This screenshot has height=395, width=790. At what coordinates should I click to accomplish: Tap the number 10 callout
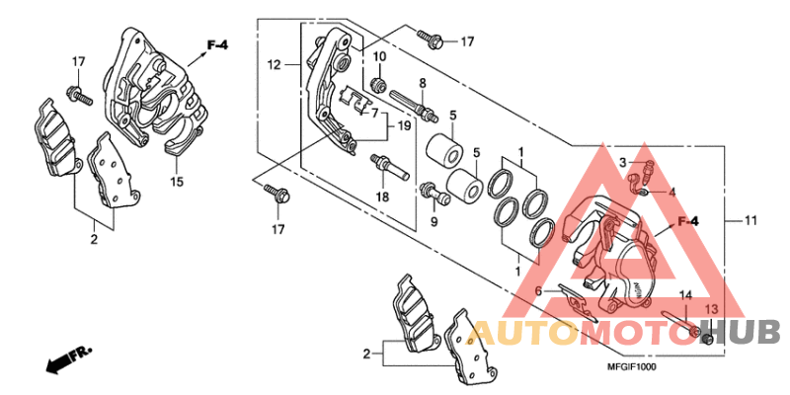point(379,58)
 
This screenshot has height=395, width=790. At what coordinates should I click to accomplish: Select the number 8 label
point(422,83)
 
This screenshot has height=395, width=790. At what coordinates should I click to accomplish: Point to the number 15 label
point(178,182)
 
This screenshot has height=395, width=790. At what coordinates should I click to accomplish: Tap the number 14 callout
point(683,295)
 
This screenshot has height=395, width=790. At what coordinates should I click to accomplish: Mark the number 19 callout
point(404,125)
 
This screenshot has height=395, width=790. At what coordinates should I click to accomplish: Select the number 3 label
point(623,162)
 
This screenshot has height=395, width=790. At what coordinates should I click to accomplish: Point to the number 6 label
point(538,291)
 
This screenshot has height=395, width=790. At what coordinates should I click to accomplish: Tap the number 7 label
point(375,113)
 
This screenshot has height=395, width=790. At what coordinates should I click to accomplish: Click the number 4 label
point(671,192)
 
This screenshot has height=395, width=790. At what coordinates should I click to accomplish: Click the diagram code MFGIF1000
point(633,366)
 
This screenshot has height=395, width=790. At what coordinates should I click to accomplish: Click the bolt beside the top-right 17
point(431,39)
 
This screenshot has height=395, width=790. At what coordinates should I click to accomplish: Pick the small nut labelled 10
point(377,80)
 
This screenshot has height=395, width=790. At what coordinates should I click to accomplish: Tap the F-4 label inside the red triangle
point(686,221)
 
